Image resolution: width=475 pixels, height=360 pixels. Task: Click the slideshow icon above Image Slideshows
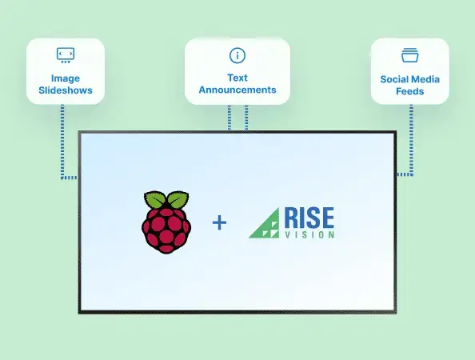tap(66, 54)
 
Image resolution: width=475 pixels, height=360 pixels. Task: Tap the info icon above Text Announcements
tap(237, 55)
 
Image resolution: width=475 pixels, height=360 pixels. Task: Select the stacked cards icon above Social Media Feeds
tap(409, 55)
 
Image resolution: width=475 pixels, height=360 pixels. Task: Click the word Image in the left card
tap(66, 78)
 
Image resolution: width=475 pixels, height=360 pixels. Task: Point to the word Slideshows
tap(66, 90)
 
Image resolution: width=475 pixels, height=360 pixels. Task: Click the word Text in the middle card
tap(237, 78)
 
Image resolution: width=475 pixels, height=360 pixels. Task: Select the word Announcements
tap(237, 90)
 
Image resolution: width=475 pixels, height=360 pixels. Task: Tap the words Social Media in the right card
tap(409, 80)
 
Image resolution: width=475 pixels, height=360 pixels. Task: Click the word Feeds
tap(409, 92)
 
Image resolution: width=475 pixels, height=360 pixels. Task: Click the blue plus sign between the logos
tap(219, 222)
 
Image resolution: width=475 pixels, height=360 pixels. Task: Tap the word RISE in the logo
tap(309, 217)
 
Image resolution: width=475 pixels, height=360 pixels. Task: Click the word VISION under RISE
tap(309, 234)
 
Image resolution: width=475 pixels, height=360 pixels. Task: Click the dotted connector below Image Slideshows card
tap(62, 144)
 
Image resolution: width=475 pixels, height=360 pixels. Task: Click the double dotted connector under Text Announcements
tap(237, 117)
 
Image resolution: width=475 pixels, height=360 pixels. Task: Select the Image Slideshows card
tap(66, 71)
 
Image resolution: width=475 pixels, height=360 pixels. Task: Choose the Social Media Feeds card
tap(409, 71)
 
